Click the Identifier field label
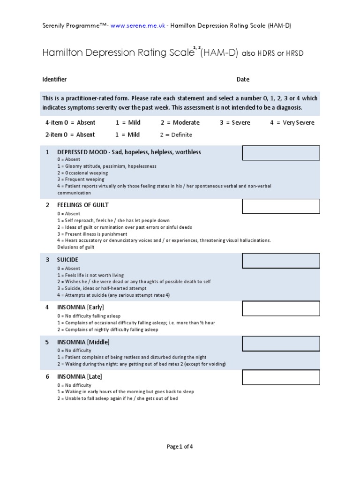point(55,79)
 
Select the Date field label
point(243,79)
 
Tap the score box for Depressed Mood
point(281,153)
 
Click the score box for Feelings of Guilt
point(281,206)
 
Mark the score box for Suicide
point(281,261)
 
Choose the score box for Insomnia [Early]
point(281,308)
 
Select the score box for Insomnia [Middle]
point(281,343)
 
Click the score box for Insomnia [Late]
point(281,377)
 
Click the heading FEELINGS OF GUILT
point(83,205)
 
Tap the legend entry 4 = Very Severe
point(292,122)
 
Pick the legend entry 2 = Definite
point(176,135)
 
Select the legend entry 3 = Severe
point(235,122)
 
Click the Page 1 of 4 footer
point(180,447)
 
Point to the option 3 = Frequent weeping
point(81,180)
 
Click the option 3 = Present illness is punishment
point(92,234)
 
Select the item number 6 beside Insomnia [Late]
point(47,376)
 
